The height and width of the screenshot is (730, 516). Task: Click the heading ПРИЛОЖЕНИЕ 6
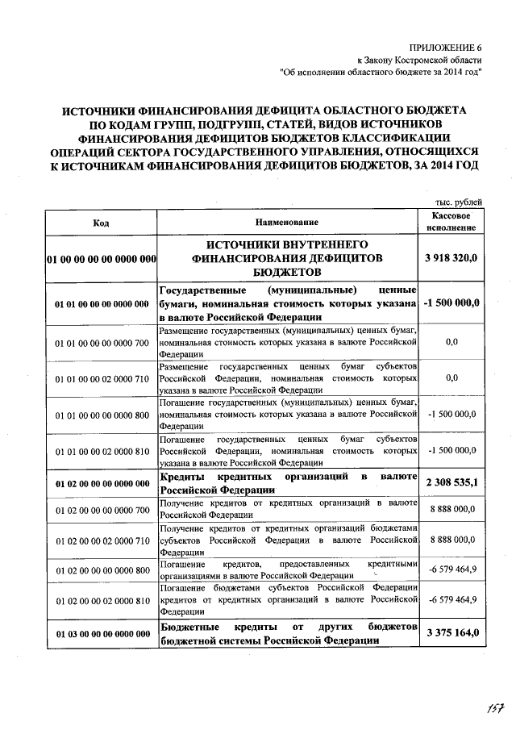point(445,48)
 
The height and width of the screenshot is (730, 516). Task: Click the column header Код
point(101,222)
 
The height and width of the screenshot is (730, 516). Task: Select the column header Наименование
point(287,222)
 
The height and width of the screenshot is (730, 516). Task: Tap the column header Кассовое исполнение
point(451,222)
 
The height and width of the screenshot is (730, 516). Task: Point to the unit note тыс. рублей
point(458,201)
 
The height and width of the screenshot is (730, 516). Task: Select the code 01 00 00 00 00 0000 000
point(101,260)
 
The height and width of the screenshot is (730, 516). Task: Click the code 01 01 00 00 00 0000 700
point(102,343)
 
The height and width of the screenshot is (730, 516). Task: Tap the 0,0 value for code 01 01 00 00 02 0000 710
point(451,378)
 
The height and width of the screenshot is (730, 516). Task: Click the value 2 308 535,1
point(451,483)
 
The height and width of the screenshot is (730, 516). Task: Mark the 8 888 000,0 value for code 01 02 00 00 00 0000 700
point(451,510)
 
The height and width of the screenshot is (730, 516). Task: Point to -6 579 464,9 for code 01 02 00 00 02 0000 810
point(451,601)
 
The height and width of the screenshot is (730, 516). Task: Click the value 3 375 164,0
point(451,634)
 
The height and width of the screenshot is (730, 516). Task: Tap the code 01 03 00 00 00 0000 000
point(102,634)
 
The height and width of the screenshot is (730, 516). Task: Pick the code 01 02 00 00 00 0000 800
point(102,570)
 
